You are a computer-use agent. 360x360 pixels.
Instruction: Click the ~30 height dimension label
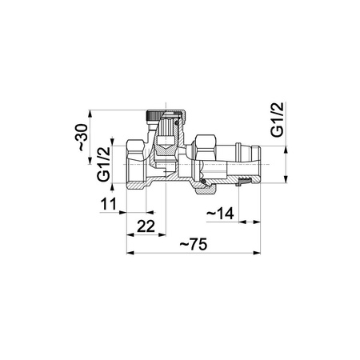click(83, 138)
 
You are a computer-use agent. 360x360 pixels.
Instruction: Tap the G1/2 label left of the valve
click(103, 164)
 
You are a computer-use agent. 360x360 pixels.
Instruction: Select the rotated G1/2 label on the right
click(277, 119)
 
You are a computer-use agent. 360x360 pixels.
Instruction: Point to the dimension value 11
click(109, 204)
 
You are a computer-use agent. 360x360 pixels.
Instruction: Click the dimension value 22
click(146, 226)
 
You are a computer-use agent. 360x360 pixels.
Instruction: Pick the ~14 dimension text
click(220, 214)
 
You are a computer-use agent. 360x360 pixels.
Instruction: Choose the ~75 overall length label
click(194, 244)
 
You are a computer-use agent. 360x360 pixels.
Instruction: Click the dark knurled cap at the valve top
click(154, 116)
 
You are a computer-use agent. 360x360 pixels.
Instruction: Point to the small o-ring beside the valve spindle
click(176, 123)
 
